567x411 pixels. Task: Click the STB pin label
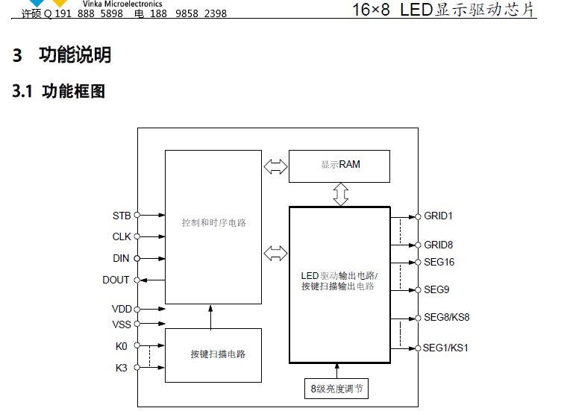point(122,216)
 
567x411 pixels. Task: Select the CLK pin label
point(122,236)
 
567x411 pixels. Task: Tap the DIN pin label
point(121,258)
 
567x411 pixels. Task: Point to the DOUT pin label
point(116,280)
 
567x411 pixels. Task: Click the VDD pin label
point(121,309)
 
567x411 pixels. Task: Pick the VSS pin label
point(121,324)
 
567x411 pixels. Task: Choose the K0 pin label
point(122,346)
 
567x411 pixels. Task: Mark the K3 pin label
point(122,367)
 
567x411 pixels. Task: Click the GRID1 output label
point(439,216)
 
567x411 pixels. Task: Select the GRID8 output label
point(439,245)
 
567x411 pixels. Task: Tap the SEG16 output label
point(439,262)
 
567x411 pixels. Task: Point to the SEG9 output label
point(436,289)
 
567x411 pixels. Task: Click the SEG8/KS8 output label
point(446,317)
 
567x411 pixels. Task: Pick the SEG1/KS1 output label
point(446,348)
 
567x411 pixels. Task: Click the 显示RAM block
point(339,165)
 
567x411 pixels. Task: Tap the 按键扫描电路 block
point(213,354)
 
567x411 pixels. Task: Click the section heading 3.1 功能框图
point(58,92)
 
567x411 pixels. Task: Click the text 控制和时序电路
point(213,223)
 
